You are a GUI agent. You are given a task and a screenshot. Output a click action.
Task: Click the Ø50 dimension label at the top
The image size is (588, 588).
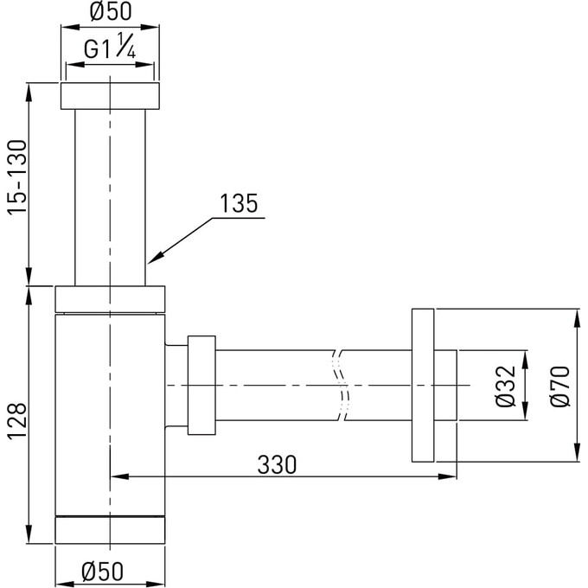click(111, 11)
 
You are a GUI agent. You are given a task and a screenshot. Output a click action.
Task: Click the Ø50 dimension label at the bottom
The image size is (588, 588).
click(102, 571)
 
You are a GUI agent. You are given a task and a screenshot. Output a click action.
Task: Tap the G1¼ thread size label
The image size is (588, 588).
click(110, 46)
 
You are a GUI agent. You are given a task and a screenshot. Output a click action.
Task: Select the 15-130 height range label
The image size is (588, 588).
click(17, 177)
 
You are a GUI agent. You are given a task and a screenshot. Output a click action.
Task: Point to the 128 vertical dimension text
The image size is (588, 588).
click(17, 421)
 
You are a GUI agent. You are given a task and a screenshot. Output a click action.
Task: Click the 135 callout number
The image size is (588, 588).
click(239, 203)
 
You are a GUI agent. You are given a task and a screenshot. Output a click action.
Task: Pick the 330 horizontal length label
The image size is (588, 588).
click(277, 464)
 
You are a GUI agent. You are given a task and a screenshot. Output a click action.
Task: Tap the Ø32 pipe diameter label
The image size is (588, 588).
click(506, 386)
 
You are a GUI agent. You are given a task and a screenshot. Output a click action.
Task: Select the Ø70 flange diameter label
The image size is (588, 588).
click(559, 386)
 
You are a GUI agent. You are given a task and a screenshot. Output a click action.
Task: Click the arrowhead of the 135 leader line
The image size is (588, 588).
click(155, 258)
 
